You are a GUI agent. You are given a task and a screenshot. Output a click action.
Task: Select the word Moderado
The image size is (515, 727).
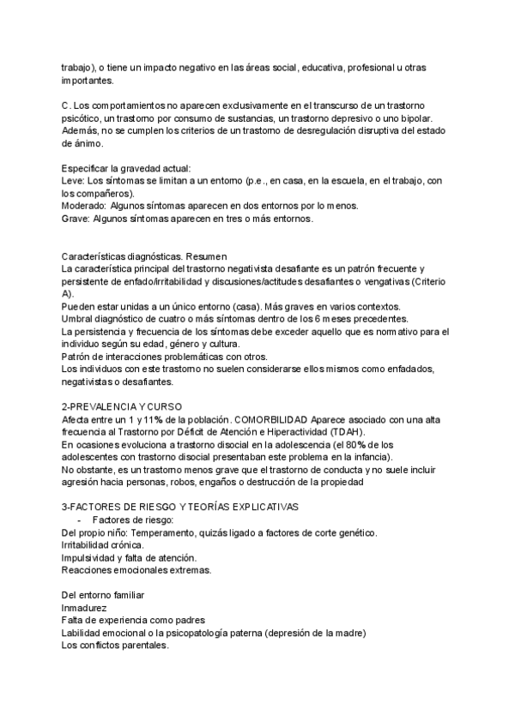click(83, 206)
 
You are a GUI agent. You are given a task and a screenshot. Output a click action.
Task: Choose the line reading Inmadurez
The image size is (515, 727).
click(83, 607)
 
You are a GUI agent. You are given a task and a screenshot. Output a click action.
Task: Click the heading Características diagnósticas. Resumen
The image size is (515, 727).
click(140, 256)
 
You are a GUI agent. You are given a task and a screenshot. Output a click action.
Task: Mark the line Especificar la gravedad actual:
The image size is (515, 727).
click(126, 168)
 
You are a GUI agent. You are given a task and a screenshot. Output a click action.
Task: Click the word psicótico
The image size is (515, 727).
click(82, 118)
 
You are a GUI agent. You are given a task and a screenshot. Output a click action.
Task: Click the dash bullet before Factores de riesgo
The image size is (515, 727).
click(79, 520)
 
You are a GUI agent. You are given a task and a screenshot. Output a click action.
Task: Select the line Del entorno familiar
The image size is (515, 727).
click(102, 595)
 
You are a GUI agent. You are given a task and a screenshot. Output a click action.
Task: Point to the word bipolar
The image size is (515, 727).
click(424, 118)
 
